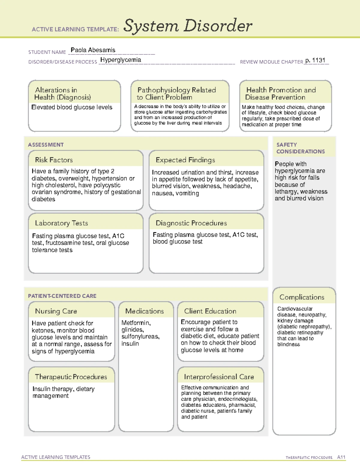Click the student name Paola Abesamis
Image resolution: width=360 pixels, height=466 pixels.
click(93, 50)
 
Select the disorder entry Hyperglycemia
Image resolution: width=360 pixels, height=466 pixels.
click(121, 60)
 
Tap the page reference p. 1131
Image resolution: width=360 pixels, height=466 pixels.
click(315, 60)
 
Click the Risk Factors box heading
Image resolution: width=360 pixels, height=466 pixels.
click(54, 160)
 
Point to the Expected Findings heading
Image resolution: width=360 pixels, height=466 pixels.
click(185, 160)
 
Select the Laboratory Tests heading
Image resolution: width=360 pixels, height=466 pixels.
click(61, 223)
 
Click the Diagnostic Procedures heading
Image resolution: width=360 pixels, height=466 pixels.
click(191, 223)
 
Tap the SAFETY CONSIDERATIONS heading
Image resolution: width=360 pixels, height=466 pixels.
click(300, 148)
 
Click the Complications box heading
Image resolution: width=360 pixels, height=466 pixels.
click(301, 297)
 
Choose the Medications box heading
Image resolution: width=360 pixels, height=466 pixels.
click(144, 311)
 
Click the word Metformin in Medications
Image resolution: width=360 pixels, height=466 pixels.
click(135, 323)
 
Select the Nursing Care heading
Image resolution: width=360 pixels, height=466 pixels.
click(56, 311)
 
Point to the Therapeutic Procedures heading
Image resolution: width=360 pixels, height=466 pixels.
click(71, 377)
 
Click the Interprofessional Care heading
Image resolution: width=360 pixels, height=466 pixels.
click(219, 377)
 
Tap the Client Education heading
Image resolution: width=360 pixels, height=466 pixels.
click(210, 311)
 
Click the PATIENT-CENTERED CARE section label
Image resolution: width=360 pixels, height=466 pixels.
click(62, 296)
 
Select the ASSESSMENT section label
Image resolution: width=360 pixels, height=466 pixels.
click(46, 145)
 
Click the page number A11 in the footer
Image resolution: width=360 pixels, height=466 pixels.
click(341, 457)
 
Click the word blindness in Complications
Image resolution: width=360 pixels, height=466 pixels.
click(288, 344)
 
